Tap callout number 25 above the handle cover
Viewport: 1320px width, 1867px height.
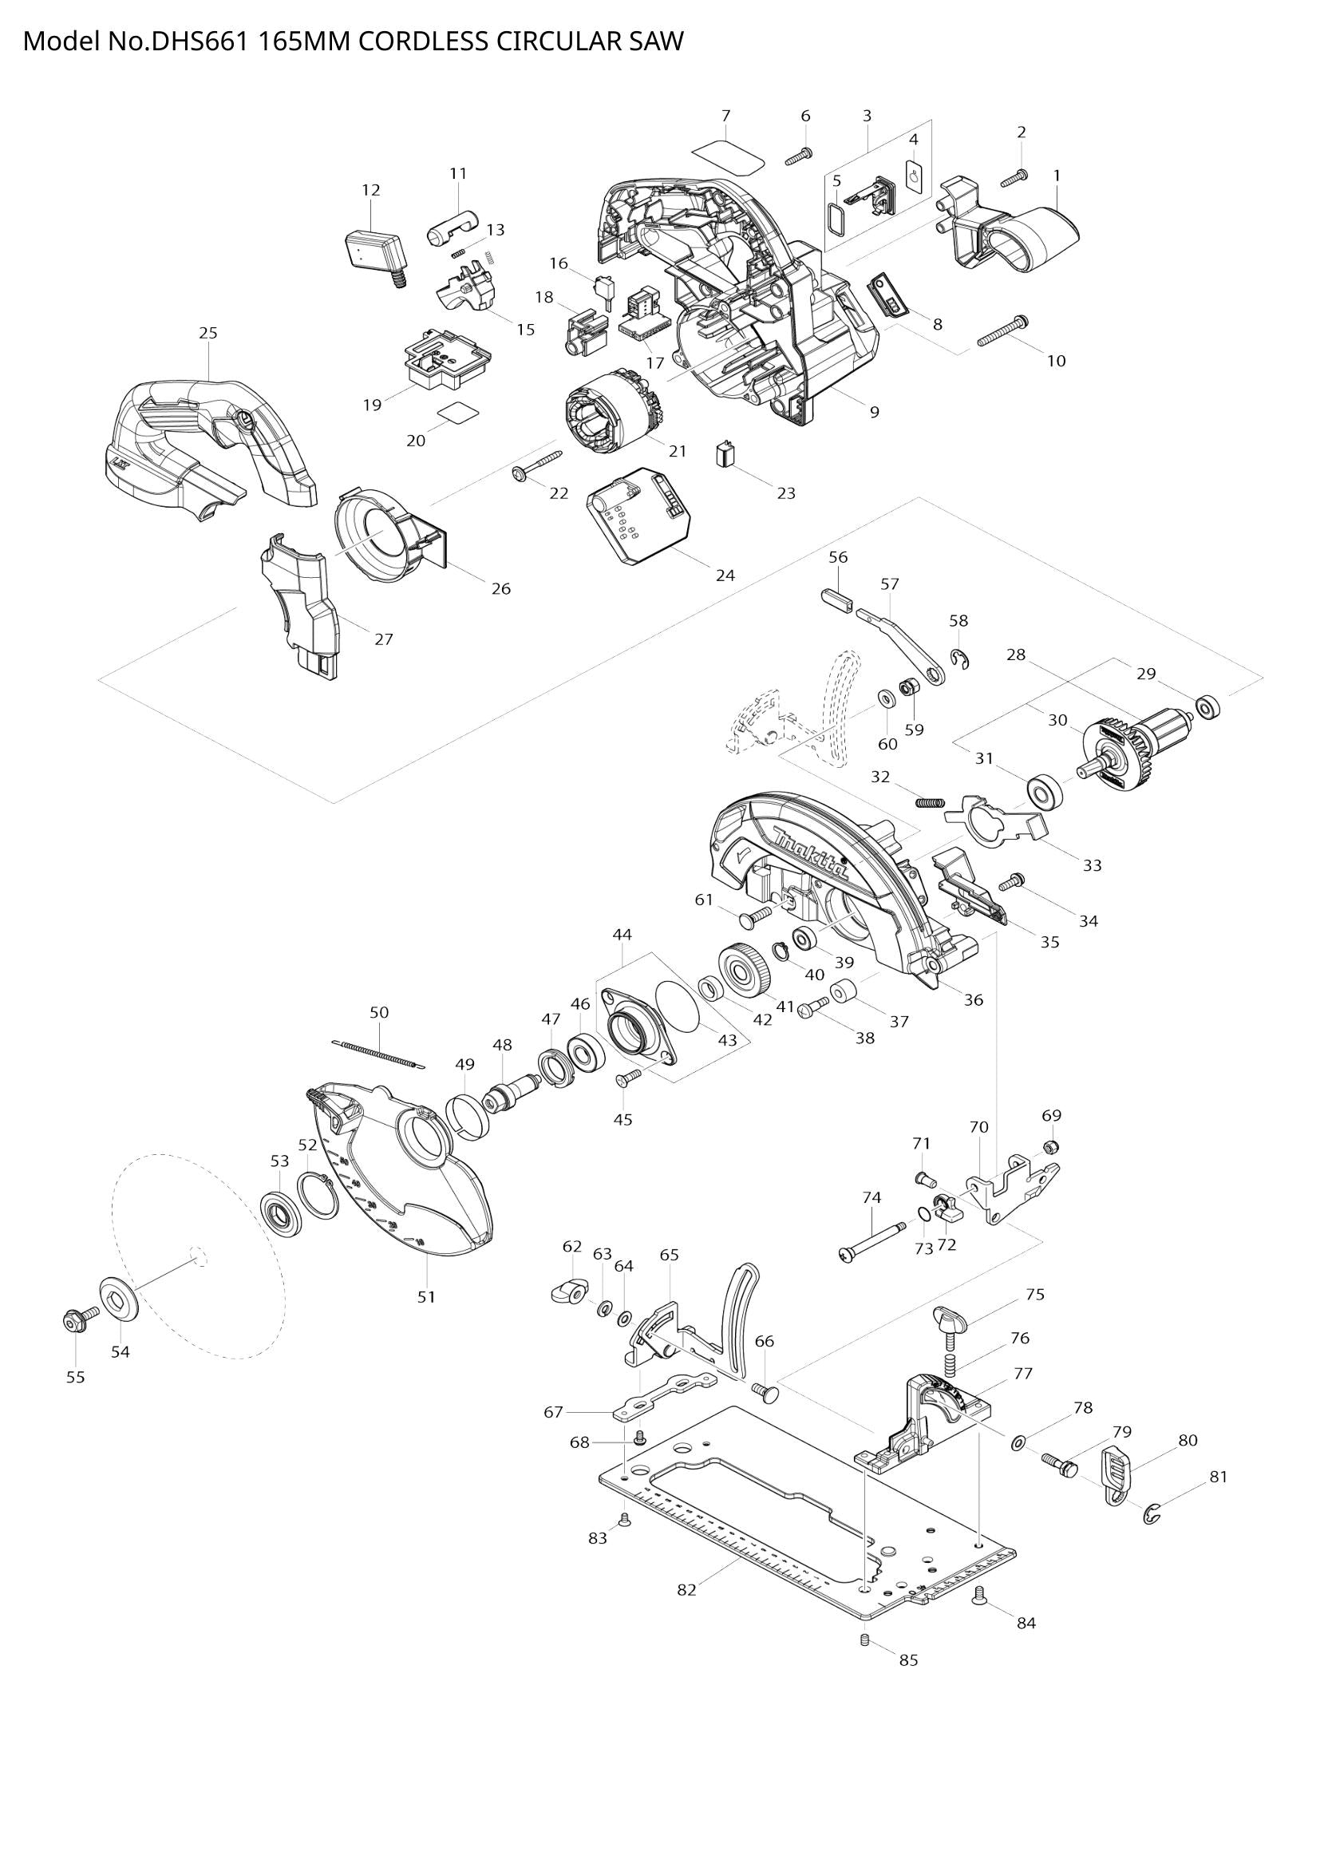[x=208, y=333]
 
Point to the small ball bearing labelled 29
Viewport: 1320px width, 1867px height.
[x=1209, y=706]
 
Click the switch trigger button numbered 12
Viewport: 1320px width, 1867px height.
[x=376, y=250]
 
